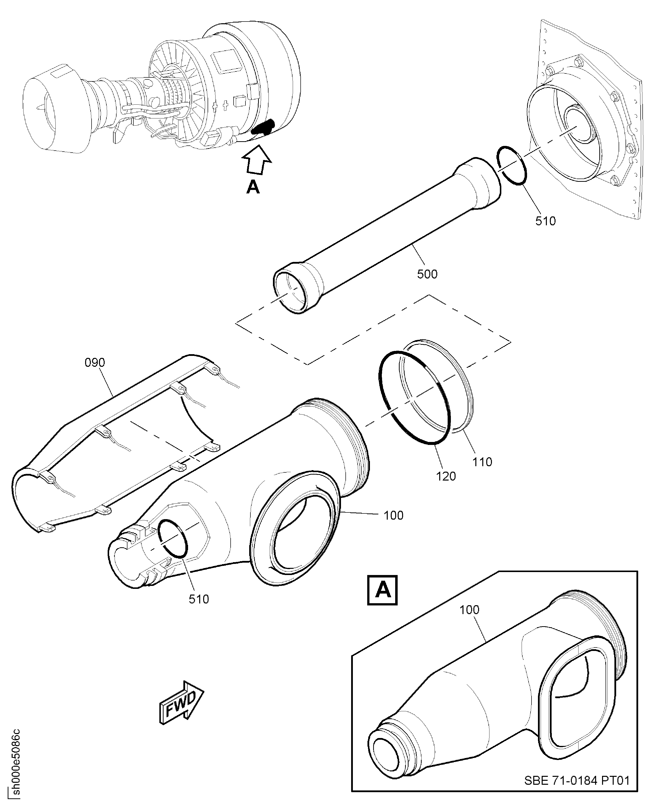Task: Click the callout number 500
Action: tap(427, 274)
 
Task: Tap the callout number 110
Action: tap(482, 462)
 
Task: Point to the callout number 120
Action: tap(446, 476)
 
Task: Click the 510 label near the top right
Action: tap(546, 221)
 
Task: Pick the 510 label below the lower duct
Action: tap(199, 599)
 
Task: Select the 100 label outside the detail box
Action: tap(393, 515)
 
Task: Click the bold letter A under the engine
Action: tap(253, 187)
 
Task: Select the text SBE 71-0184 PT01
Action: tap(577, 780)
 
